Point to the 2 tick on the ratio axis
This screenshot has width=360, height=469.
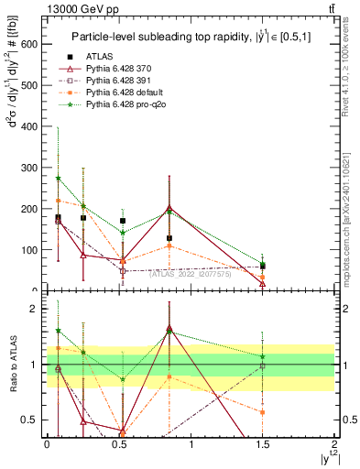[38, 309]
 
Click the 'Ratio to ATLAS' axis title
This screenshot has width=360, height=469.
[12, 365]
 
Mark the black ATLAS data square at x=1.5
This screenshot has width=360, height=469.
[263, 267]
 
